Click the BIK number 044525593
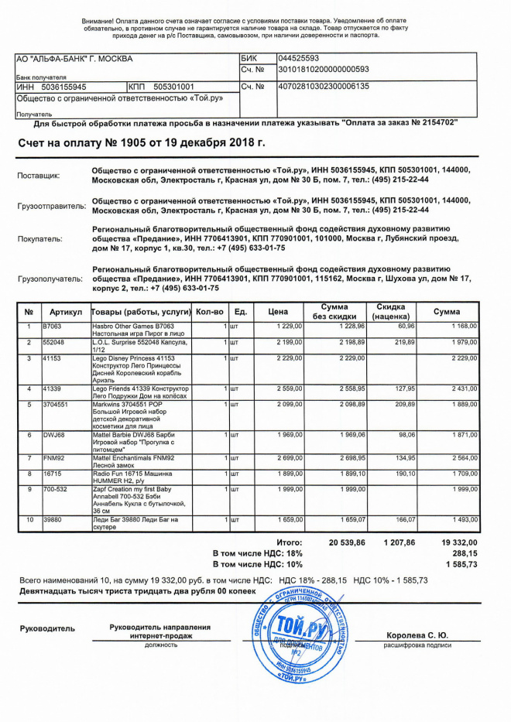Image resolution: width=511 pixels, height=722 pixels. tap(298, 58)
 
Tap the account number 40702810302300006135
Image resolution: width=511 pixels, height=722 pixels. tap(323, 86)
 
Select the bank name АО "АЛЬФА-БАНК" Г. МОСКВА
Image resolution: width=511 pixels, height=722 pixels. tap(74, 59)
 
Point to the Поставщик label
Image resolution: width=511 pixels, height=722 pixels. tap(39, 176)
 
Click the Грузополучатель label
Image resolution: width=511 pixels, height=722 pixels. tap(50, 278)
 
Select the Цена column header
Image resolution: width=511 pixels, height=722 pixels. tap(278, 312)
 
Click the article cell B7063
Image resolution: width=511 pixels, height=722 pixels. tap(52, 327)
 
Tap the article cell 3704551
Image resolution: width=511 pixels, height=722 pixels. tap(57, 404)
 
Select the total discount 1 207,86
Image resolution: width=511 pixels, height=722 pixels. tap(400, 543)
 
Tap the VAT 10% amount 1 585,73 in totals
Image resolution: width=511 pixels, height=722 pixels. tap(463, 566)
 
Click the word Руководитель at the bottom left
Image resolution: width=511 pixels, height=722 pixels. tap(48, 628)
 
